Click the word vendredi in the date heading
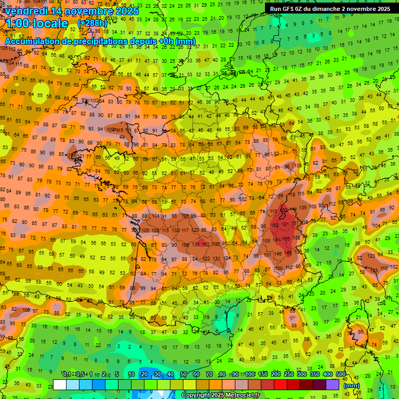(30, 11)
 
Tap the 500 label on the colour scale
(340, 375)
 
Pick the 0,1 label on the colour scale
(66, 375)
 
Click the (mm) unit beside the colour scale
(352, 385)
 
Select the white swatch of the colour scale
(60, 384)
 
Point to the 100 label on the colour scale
(249, 375)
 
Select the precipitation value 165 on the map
(287, 240)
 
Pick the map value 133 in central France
(197, 244)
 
